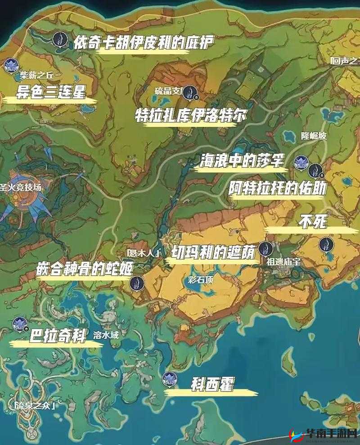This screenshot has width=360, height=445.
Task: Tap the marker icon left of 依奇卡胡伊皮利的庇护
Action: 58,39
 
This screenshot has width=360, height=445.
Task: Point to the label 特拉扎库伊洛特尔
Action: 191,115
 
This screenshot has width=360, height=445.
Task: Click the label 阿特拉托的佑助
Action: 277,188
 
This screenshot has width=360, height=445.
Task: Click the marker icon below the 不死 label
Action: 324,245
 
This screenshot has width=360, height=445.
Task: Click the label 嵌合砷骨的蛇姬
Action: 85,268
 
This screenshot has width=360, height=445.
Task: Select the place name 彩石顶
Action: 200,279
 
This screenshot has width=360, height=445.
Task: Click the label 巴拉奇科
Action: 57,337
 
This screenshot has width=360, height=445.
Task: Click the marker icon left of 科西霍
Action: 170,379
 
